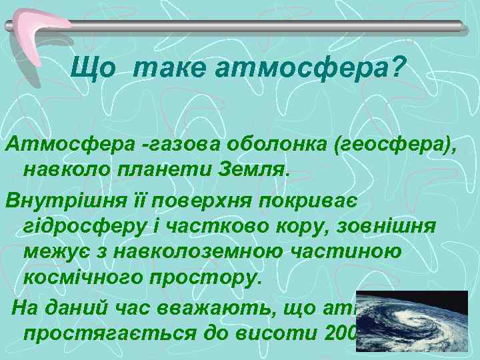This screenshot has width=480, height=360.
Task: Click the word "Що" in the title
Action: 93,68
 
